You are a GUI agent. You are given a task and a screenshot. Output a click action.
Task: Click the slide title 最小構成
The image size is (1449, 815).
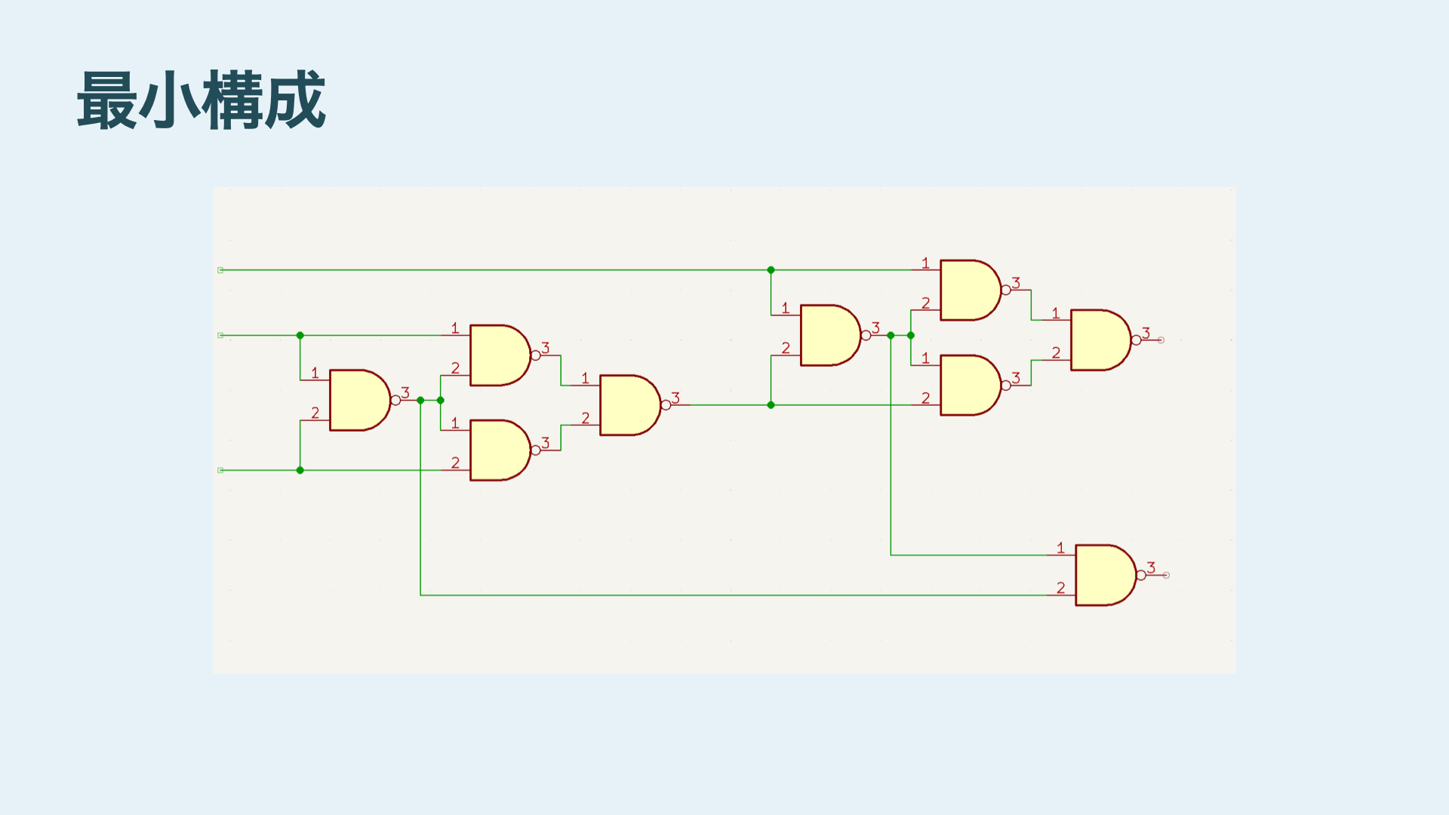pyautogui.click(x=201, y=100)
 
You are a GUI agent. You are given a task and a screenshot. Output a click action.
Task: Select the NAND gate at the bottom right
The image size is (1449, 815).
pyautogui.click(x=1103, y=575)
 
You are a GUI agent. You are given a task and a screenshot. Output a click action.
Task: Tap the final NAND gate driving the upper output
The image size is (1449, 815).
pyautogui.click(x=1099, y=340)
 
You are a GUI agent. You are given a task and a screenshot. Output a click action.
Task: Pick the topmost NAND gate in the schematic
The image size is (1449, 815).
pyautogui.click(x=969, y=290)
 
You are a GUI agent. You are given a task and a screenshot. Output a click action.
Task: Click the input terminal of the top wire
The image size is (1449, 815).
pyautogui.click(x=220, y=270)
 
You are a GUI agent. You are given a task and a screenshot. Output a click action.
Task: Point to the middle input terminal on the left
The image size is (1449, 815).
pyautogui.click(x=220, y=335)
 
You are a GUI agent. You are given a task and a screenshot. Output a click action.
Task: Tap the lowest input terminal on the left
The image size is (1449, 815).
pyautogui.click(x=220, y=470)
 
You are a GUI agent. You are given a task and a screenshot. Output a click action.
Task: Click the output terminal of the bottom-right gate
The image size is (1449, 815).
pyautogui.click(x=1167, y=575)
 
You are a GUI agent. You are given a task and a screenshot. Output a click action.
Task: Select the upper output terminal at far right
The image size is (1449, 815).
pyautogui.click(x=1161, y=340)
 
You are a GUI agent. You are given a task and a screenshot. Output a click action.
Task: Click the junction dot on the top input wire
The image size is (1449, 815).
pyautogui.click(x=771, y=270)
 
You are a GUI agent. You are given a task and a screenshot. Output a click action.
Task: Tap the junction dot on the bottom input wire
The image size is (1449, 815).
pyautogui.click(x=300, y=470)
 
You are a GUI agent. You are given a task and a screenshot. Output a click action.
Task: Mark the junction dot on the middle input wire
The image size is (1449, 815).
pyautogui.click(x=300, y=335)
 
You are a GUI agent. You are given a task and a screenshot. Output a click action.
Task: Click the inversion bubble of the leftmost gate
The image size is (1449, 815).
pyautogui.click(x=395, y=400)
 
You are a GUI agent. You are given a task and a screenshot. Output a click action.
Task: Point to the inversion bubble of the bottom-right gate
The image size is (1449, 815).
pyautogui.click(x=1141, y=575)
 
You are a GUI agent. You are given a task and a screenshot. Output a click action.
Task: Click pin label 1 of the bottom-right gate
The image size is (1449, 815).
pyautogui.click(x=1060, y=548)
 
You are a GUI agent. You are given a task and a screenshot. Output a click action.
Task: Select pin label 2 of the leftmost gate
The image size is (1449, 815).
pyautogui.click(x=315, y=413)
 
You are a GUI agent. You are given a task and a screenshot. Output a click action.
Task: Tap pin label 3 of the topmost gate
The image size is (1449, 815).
pyautogui.click(x=1016, y=282)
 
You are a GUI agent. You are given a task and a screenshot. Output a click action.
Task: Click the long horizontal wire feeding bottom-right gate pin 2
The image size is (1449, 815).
pyautogui.click(x=717, y=595)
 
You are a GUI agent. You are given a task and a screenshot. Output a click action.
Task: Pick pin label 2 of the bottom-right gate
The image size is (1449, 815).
pyautogui.click(x=1060, y=587)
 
